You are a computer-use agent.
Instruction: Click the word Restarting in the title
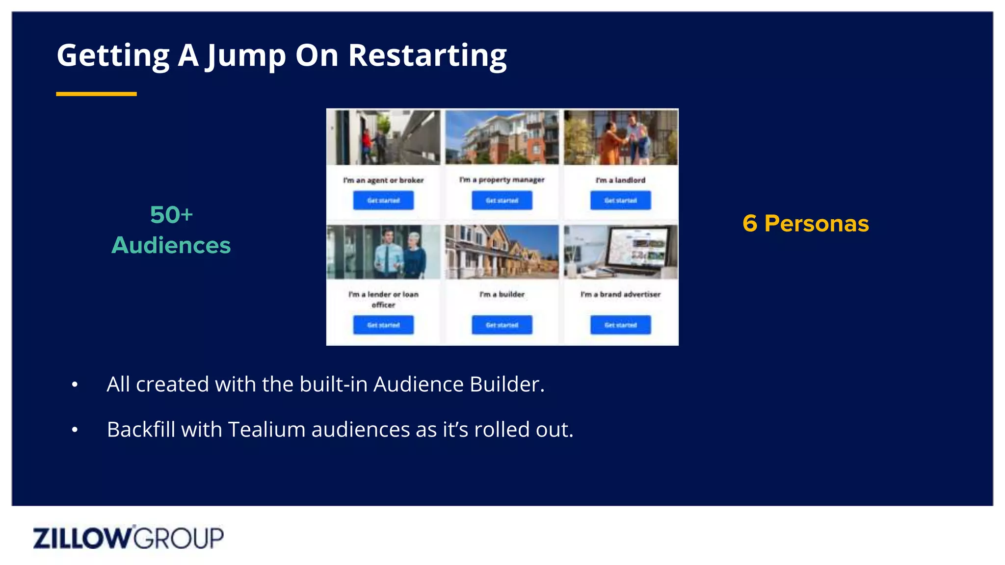coord(427,55)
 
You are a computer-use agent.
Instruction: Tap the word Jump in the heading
coord(245,55)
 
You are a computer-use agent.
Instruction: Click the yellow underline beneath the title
coord(96,94)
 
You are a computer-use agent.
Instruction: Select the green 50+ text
coord(171,215)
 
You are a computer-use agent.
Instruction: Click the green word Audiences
coord(171,245)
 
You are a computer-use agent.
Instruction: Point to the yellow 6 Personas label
coord(805,224)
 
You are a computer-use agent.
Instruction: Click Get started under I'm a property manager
coord(502,201)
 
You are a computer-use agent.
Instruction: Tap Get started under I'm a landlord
coord(620,201)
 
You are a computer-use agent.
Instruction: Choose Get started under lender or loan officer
coord(383,325)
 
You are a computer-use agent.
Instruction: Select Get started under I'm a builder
coord(502,325)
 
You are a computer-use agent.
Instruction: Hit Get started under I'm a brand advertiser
coord(620,325)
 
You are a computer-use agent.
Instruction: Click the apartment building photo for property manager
coord(502,137)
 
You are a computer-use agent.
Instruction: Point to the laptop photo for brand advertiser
coord(621,252)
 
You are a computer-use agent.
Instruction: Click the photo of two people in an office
coord(383,252)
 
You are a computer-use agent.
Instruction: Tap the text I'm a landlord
coord(620,180)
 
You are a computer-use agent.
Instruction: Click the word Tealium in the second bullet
coord(267,430)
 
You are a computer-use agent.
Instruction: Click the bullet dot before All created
coord(75,385)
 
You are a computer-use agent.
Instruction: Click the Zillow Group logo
coord(128,538)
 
